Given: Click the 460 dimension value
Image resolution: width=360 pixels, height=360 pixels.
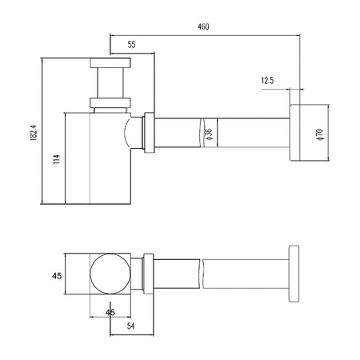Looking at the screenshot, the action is pos(203,26).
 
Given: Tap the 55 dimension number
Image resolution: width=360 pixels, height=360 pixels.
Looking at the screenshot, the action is pos(131,45).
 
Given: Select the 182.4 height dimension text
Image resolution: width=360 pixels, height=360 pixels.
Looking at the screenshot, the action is pos(34,133).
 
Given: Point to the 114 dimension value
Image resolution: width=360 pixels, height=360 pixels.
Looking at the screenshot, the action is pos(57,159).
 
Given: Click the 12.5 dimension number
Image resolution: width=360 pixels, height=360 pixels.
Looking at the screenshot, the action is pos(267,80).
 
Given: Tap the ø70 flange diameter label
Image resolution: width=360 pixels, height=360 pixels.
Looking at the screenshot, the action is pos(320,134).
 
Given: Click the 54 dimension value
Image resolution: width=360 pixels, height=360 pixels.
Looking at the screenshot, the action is pos(130,326).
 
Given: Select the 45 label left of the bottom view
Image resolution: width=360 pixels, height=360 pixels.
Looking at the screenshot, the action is pos(57,276).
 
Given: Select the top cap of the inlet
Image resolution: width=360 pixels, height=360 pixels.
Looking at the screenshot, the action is pos(110,63).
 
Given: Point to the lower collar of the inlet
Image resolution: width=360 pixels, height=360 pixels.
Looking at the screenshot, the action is pos(110,103).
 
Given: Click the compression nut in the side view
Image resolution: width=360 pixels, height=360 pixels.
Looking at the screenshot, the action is pos(150,133).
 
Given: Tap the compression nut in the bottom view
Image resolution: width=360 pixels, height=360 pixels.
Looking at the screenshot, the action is pos(149,274).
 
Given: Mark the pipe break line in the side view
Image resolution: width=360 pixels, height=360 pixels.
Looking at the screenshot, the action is pos(202,133).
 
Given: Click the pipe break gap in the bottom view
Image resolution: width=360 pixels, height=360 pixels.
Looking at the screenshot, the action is pos(201,274).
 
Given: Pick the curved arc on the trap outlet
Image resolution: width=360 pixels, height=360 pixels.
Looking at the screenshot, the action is pos(126,133).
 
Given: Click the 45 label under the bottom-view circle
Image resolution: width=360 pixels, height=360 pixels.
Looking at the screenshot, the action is pos(110,312).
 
